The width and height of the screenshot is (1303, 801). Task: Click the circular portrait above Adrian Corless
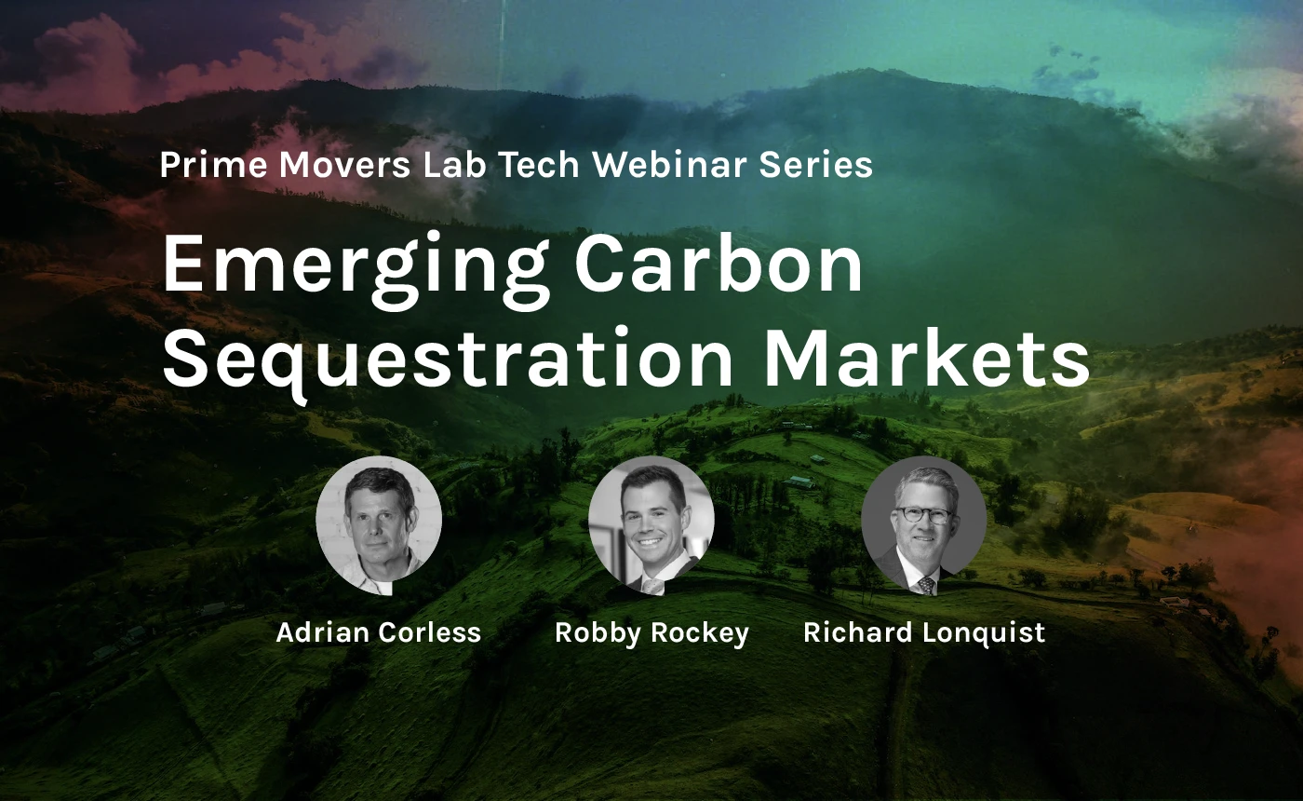(x=379, y=525)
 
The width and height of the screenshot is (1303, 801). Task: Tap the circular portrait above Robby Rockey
(x=651, y=525)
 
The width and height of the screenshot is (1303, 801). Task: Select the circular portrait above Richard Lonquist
(x=923, y=525)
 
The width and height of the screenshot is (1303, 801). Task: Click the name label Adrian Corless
(x=379, y=632)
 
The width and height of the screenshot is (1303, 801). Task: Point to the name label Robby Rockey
(x=651, y=633)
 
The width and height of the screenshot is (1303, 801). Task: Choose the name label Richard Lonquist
(x=923, y=633)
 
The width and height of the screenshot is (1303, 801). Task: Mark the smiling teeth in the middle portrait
(x=650, y=541)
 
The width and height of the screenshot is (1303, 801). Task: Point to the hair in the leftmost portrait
(x=380, y=485)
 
